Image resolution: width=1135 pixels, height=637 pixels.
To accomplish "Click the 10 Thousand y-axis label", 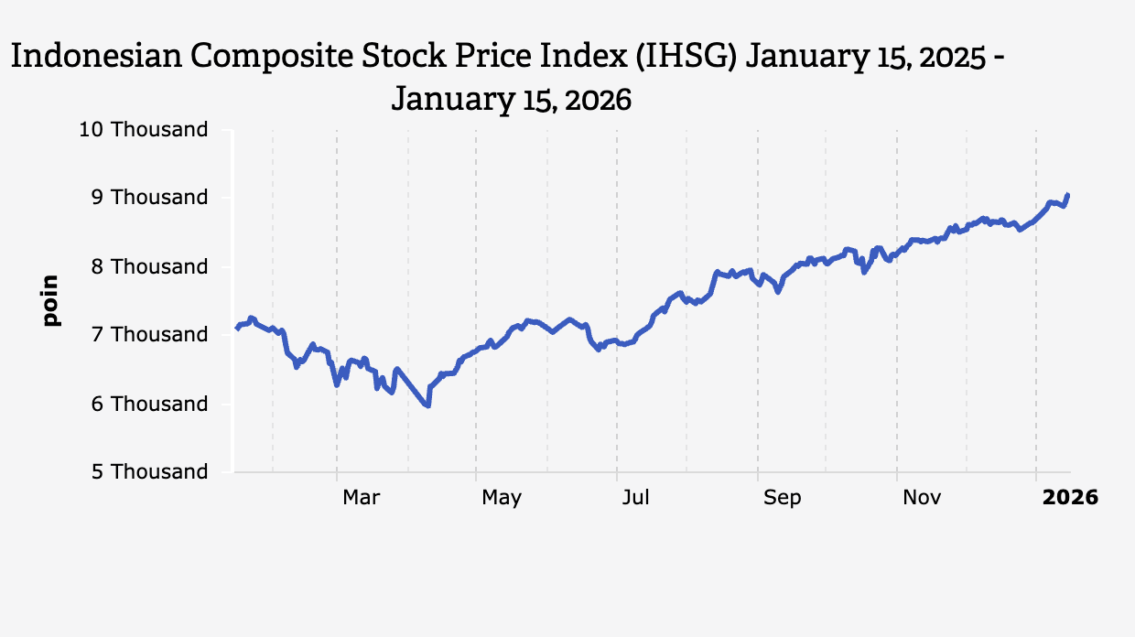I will tap(144, 129).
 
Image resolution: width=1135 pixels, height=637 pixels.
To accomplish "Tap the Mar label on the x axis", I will tap(361, 497).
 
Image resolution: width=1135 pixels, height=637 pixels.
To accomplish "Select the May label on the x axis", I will tap(502, 497).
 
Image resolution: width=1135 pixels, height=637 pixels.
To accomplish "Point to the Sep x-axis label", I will tap(782, 497).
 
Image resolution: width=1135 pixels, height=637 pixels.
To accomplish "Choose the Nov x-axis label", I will tap(922, 497).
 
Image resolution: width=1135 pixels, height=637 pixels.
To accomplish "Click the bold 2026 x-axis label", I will tap(1070, 497).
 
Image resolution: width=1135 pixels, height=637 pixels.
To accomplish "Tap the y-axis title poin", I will tap(51, 300).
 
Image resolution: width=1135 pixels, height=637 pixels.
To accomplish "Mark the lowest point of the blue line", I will tap(427, 405).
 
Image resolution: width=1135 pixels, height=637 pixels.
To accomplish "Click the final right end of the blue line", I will tap(1068, 194).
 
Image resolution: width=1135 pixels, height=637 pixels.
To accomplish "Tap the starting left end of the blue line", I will tap(237, 328).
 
